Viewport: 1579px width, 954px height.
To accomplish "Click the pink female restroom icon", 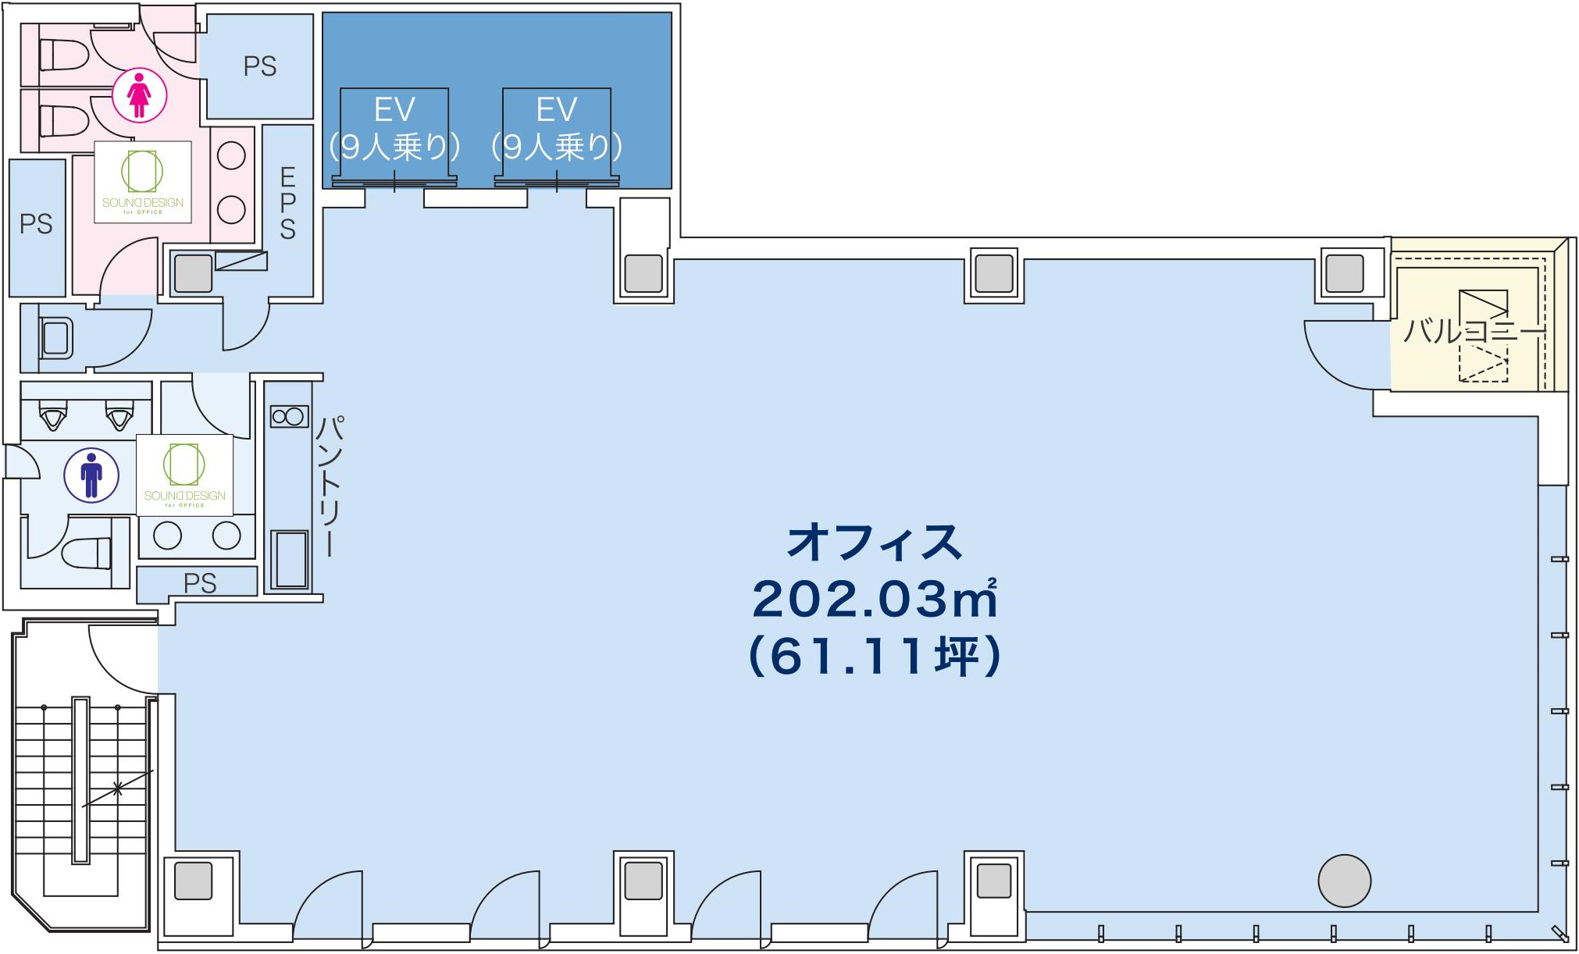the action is tap(139, 95).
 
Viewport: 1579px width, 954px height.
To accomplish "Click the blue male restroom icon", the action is tap(91, 475).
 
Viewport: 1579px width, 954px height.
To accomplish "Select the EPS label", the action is tap(288, 203).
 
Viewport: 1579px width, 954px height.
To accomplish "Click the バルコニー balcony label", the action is tap(1474, 331).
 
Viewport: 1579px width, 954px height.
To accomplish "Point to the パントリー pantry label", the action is tap(330, 486).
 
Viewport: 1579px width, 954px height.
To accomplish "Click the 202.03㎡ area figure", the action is tap(875, 599).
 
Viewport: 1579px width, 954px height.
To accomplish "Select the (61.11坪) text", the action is tap(875, 656).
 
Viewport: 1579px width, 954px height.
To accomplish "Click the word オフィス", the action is tap(875, 542).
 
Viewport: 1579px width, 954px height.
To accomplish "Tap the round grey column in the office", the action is tap(1345, 881).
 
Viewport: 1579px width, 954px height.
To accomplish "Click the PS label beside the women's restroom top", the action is tap(260, 66).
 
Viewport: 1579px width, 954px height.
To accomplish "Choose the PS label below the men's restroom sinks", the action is tap(200, 583).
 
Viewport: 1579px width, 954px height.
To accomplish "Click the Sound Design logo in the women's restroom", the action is tap(143, 182).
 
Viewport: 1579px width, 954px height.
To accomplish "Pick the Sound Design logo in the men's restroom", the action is tap(185, 475).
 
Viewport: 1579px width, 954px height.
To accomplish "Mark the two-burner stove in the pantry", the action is tap(289, 416).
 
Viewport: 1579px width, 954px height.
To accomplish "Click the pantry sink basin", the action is tap(290, 559).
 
